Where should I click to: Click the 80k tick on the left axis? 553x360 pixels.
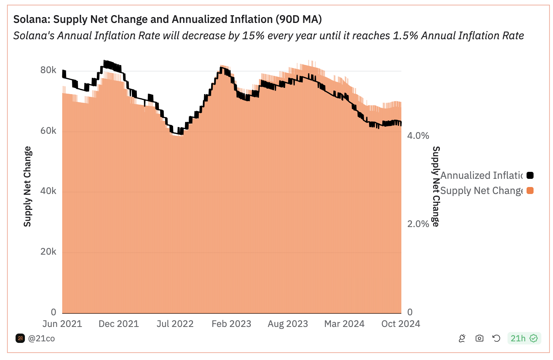coord(48,70)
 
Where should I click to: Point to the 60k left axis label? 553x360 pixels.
coord(48,131)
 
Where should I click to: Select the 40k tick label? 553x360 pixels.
coord(48,191)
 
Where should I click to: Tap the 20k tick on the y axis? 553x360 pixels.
coord(48,252)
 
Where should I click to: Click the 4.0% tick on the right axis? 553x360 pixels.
coord(418,136)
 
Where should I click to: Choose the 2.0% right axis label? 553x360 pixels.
coord(418,224)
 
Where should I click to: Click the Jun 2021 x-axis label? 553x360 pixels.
coord(62,324)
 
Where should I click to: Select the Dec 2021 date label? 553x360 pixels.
coord(119,324)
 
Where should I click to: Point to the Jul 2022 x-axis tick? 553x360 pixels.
coord(175,324)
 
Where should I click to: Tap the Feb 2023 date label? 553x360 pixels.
coord(231,324)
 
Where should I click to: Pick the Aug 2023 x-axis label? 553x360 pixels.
coord(288,324)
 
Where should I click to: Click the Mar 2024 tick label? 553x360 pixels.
coord(344,324)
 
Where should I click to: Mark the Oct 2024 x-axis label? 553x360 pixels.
coord(401,324)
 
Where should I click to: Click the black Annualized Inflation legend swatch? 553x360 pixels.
coord(530,175)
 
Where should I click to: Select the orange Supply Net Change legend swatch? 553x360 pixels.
coord(530,190)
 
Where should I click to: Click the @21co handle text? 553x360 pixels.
coord(41,339)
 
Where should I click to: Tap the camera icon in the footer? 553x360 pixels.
coord(479,338)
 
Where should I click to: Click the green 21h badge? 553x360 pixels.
coord(523,338)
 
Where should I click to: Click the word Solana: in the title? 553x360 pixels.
coord(31,19)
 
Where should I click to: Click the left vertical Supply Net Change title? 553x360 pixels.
coord(27,187)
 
